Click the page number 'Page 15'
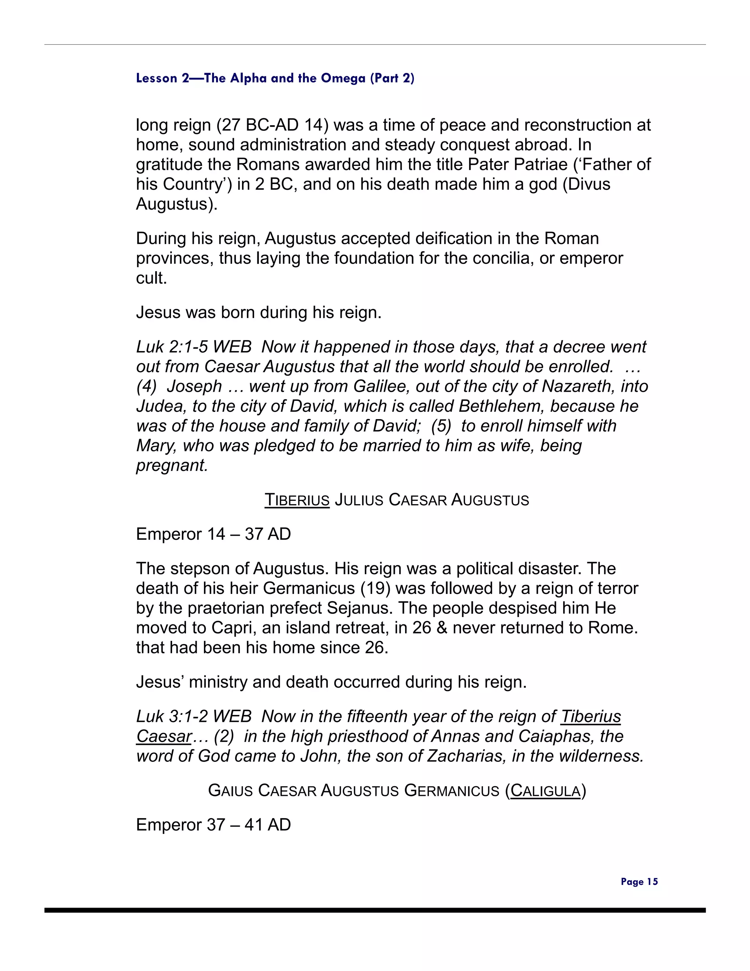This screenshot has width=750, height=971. click(x=639, y=881)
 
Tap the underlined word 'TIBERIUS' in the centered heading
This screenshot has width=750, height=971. click(x=297, y=500)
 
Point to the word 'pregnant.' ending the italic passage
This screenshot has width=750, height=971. click(x=172, y=465)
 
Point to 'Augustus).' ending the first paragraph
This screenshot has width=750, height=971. click(x=177, y=204)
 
